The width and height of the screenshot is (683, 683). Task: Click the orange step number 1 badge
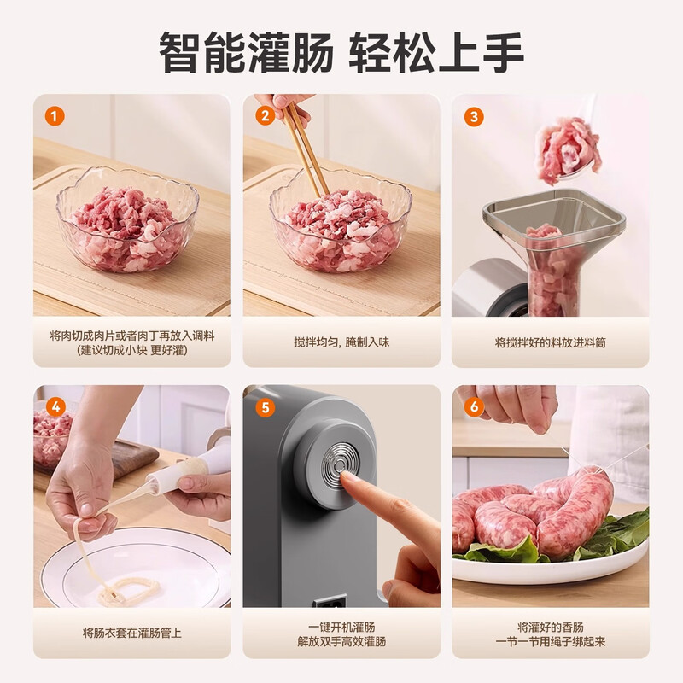coord(55,116)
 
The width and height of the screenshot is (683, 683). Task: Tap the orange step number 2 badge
coord(265,116)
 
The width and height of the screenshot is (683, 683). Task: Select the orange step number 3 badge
coord(474,116)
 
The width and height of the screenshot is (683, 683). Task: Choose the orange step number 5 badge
coord(265,407)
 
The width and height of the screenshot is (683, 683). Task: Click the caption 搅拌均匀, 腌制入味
coord(341,342)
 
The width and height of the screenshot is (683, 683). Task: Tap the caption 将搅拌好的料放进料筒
coord(551,342)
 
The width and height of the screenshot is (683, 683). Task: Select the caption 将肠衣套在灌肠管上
coord(132,633)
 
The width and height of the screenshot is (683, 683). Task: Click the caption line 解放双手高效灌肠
coord(341,641)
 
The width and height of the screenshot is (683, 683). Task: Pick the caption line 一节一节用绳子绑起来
coord(551,641)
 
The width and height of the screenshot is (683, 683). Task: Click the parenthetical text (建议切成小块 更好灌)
coord(132,350)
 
